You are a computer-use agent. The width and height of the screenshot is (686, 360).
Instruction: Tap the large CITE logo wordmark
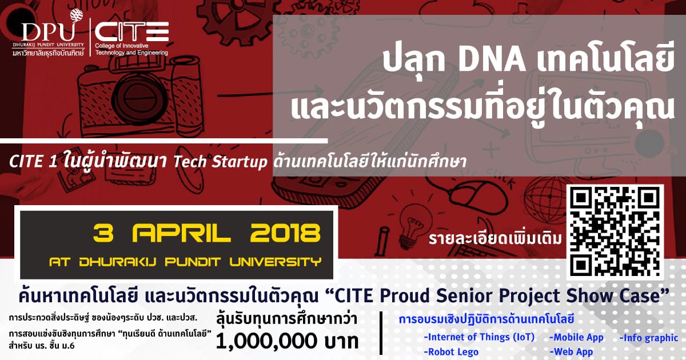click(x=131, y=31)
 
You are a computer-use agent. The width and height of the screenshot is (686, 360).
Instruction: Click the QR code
click(x=615, y=232)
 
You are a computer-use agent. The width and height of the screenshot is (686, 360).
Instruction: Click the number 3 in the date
click(x=103, y=233)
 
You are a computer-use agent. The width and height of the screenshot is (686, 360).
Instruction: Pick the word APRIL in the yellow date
click(x=181, y=233)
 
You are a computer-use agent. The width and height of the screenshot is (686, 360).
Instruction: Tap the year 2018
click(x=285, y=233)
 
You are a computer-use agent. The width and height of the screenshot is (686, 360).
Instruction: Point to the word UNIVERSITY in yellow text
click(x=276, y=262)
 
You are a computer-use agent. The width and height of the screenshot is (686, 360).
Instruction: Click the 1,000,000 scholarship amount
click(x=266, y=341)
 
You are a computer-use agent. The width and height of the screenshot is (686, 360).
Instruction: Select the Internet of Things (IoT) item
click(x=479, y=337)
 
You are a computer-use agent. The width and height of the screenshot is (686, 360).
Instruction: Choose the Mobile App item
click(x=576, y=337)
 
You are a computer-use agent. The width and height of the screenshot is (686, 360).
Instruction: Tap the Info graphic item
click(x=649, y=338)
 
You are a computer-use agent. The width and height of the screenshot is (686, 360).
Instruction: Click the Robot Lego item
click(x=451, y=352)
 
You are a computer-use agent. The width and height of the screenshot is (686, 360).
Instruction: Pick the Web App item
click(x=571, y=352)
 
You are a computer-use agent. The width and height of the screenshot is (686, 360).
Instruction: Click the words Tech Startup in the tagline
click(x=220, y=162)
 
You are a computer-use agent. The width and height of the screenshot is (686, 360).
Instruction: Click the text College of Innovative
click(x=122, y=46)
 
